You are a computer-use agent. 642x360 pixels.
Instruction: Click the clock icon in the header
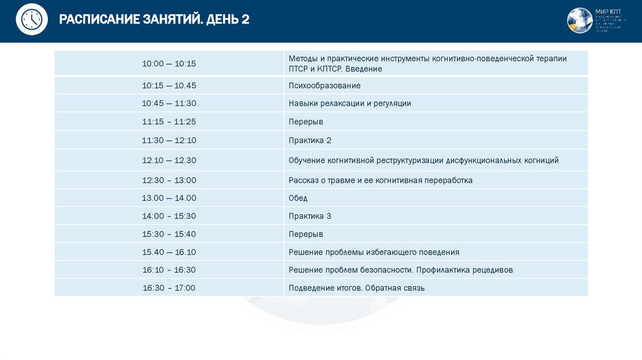click(31, 19)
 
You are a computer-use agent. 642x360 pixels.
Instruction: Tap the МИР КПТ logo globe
click(579, 20)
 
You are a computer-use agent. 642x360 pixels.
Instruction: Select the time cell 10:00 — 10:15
click(169, 63)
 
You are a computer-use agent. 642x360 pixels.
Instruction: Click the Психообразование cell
click(325, 85)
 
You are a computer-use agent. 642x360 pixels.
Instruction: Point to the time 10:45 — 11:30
click(169, 103)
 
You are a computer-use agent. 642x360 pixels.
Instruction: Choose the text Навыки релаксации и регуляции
click(350, 103)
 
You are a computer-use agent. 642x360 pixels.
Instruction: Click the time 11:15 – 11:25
click(169, 122)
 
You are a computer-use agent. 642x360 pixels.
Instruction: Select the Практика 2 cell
click(310, 140)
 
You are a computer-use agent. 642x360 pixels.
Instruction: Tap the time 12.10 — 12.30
click(169, 161)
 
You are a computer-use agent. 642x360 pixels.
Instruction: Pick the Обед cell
click(298, 198)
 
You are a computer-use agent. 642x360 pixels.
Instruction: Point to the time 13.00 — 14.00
click(169, 198)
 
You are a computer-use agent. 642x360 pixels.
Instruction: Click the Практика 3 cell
click(310, 216)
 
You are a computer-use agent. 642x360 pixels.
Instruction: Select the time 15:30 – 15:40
click(169, 234)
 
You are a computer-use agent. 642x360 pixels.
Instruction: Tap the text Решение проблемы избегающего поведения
click(374, 252)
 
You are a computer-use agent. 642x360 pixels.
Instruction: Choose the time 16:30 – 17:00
click(169, 288)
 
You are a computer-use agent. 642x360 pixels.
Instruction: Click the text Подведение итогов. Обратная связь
click(357, 288)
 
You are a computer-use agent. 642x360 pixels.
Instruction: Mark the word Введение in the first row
click(364, 69)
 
